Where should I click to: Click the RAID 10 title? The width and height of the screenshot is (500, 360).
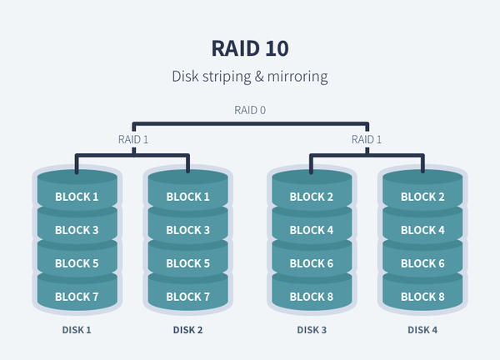point(250,47)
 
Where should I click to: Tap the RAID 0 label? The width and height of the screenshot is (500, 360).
point(250,110)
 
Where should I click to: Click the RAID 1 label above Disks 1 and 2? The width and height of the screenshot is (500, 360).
point(133,139)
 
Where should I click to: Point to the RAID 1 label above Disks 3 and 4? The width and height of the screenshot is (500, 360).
point(367,139)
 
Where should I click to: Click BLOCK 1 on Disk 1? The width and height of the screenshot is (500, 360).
point(77,197)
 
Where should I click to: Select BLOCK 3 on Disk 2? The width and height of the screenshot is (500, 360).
point(188,231)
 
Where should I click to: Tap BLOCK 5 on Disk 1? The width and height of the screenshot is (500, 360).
point(77,264)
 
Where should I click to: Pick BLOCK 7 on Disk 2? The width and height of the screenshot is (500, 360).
point(188,297)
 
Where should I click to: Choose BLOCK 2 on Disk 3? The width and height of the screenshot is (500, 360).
point(312,197)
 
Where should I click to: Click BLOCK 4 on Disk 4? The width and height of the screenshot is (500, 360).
point(422,231)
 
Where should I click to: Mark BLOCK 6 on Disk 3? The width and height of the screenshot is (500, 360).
point(312,264)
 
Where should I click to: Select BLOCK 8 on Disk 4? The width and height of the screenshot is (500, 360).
point(422,297)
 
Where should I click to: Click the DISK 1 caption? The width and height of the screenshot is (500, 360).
point(77,330)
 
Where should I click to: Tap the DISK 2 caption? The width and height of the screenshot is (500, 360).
point(188,330)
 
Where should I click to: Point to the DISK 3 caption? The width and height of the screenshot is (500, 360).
point(312,330)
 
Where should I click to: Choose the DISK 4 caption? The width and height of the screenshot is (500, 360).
point(422,330)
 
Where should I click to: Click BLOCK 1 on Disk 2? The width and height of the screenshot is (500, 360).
point(188,197)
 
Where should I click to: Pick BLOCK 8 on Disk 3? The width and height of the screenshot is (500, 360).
point(312,297)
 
